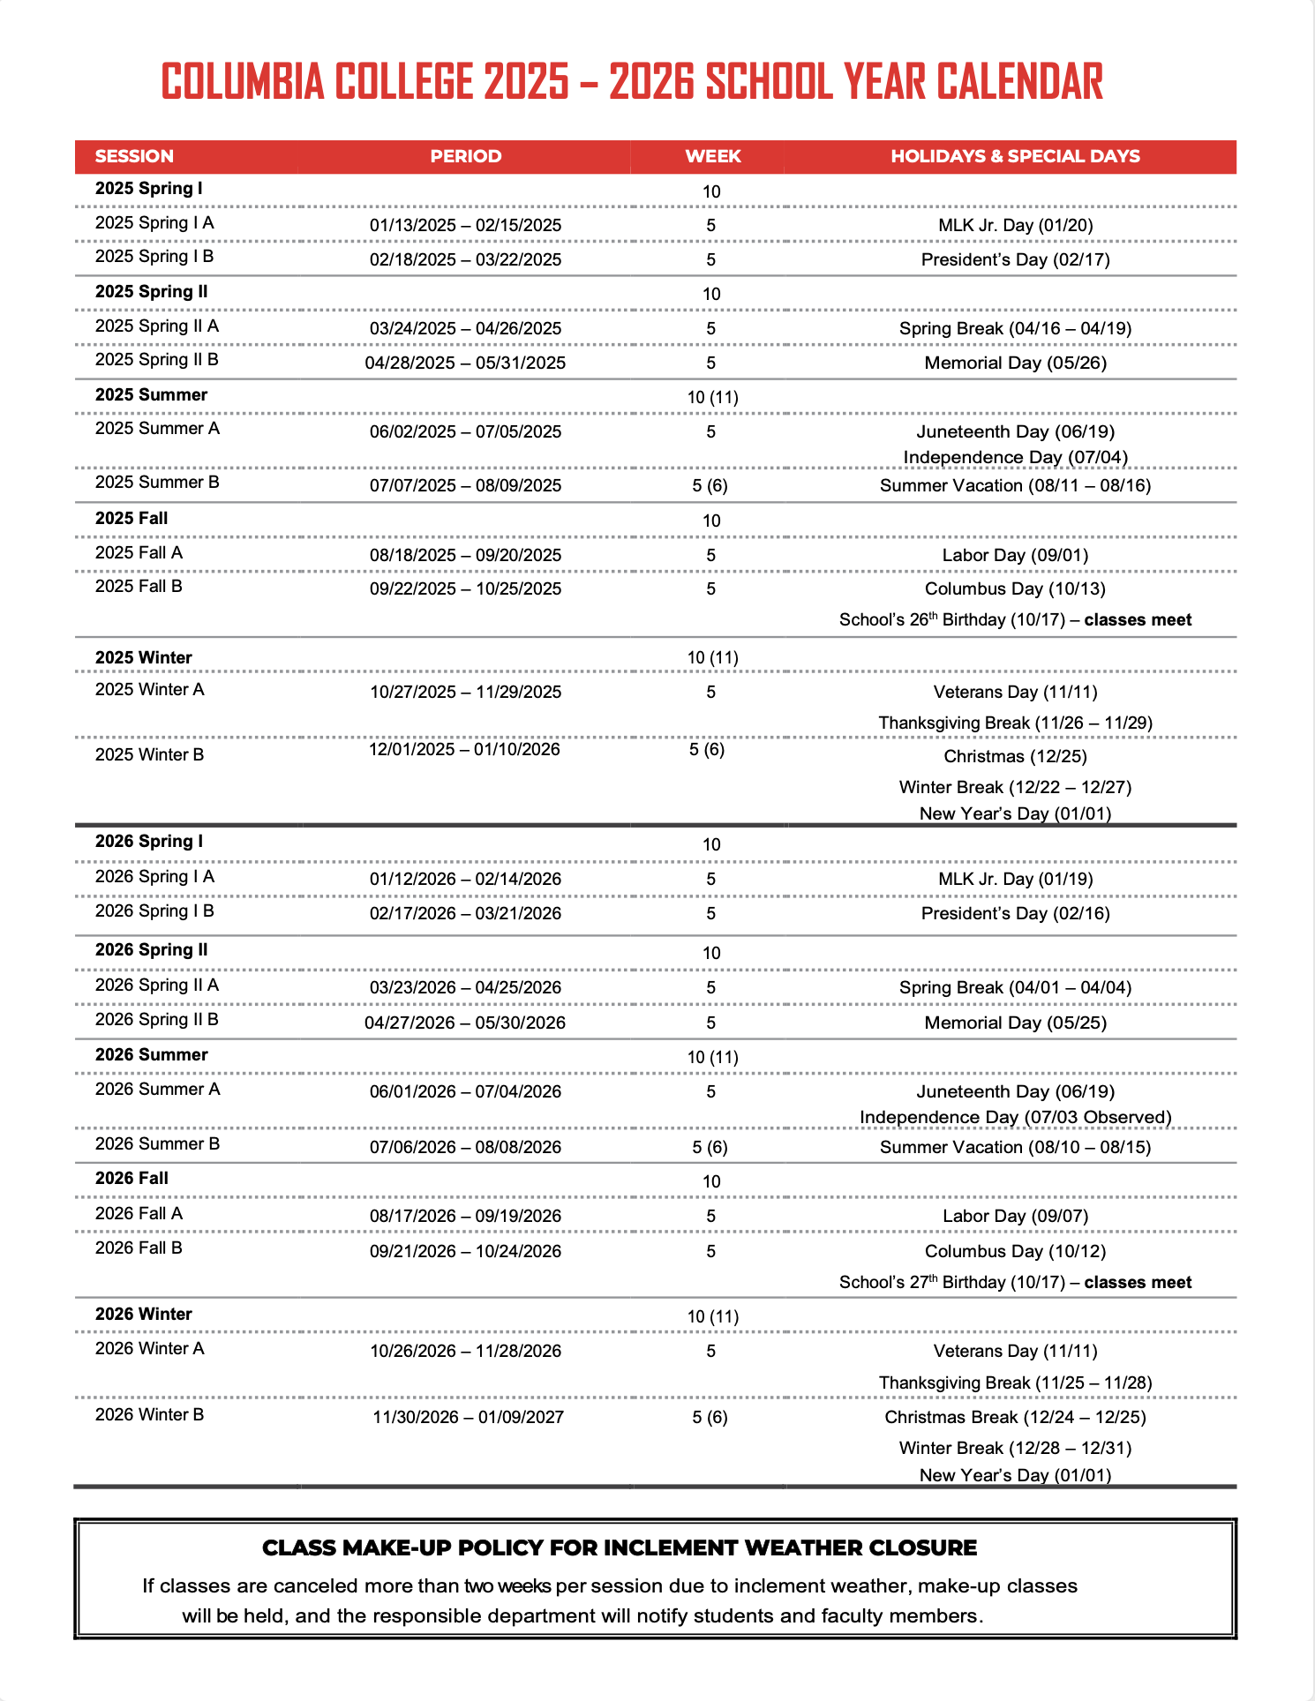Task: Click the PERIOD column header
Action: click(x=466, y=156)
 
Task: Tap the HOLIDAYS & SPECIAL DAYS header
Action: click(x=1015, y=156)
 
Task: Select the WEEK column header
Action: click(x=713, y=156)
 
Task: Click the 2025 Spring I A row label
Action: click(x=154, y=223)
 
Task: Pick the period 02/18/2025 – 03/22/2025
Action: click(x=465, y=259)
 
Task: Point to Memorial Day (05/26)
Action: click(x=1015, y=363)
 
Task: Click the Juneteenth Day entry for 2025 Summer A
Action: click(x=1015, y=431)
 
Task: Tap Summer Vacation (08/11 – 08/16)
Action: click(x=1015, y=485)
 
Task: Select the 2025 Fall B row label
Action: click(x=139, y=587)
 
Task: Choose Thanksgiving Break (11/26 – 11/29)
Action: click(x=1015, y=723)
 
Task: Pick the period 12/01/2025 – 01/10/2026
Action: click(x=464, y=749)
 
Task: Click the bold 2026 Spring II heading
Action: click(x=152, y=950)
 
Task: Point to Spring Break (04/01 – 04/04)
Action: click(x=1015, y=987)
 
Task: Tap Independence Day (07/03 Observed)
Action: click(x=1015, y=1117)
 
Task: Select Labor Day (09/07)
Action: click(x=1015, y=1216)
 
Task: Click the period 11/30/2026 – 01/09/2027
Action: click(x=468, y=1417)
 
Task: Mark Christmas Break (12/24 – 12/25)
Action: click(x=1015, y=1417)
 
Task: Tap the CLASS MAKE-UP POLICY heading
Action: click(x=620, y=1547)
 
